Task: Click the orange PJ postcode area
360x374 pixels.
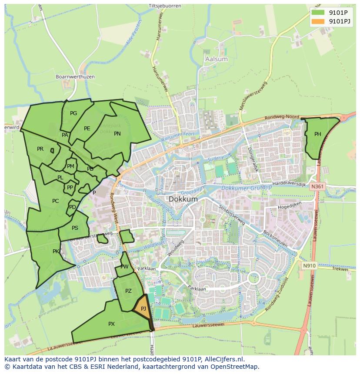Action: pyautogui.click(x=142, y=309)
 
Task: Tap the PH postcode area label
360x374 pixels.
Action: pyautogui.click(x=318, y=134)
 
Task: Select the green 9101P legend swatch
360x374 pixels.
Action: pyautogui.click(x=318, y=13)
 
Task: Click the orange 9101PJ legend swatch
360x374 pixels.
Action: pyautogui.click(x=318, y=21)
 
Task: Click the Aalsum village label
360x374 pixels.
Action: pyautogui.click(x=216, y=59)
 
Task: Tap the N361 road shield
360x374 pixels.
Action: pyautogui.click(x=317, y=186)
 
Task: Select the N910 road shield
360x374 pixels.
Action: pyautogui.click(x=309, y=266)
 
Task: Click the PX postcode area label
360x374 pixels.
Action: pyautogui.click(x=111, y=324)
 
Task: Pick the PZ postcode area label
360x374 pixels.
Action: pyautogui.click(x=128, y=291)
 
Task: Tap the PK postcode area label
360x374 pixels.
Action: pyautogui.click(x=56, y=252)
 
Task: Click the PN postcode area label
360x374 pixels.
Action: pyautogui.click(x=117, y=134)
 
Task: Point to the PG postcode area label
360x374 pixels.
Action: pyautogui.click(x=73, y=113)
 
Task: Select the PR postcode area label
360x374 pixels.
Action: pyautogui.click(x=40, y=149)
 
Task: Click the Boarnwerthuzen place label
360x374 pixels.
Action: pyautogui.click(x=75, y=77)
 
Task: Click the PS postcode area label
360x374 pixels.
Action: pyautogui.click(x=75, y=228)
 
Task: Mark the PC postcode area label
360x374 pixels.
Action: pyautogui.click(x=55, y=201)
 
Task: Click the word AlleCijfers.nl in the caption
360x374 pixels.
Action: pyautogui.click(x=223, y=359)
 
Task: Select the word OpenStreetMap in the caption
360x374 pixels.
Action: pyautogui.click(x=237, y=367)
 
